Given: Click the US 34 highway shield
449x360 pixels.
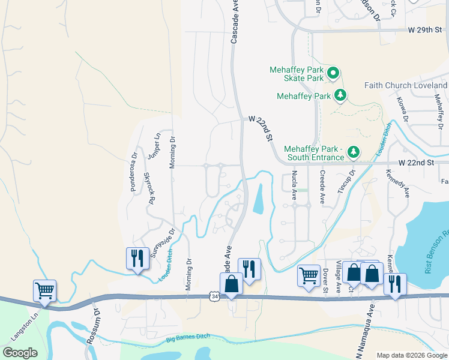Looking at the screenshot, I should coord(214,296).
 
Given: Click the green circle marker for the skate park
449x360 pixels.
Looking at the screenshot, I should coord(333,74).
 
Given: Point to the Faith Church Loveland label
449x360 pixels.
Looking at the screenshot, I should coord(406,85).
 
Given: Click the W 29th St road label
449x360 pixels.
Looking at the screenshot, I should coord(427,29).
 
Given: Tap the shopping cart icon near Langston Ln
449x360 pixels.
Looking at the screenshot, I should coord(44,291).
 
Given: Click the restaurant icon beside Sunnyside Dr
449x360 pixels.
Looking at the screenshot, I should coord(137,259).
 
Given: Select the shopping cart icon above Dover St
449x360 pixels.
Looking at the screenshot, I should coord(309,276).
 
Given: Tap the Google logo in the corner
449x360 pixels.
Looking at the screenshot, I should coord(20,353).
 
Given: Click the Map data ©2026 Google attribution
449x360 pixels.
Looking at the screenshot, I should coord(412,355).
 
